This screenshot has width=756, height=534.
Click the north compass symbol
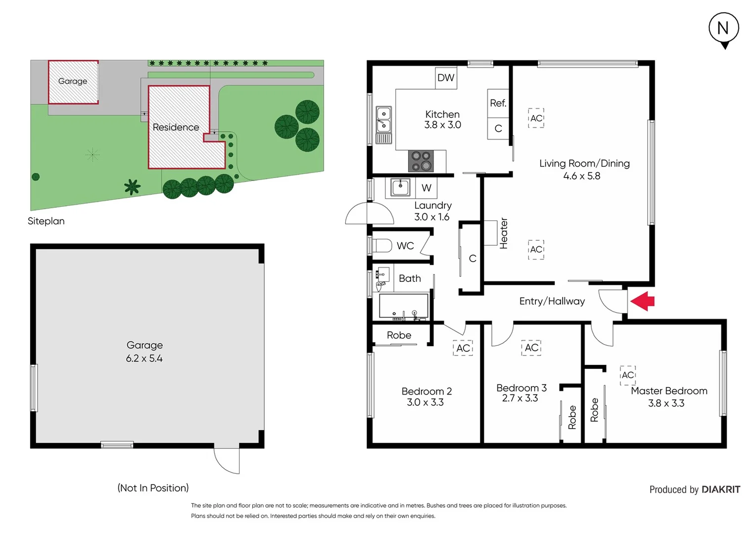tap(723, 29)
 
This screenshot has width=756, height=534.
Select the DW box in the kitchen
tap(445, 78)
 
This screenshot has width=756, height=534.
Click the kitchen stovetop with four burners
tap(421, 161)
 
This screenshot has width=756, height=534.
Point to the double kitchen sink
tap(383, 120)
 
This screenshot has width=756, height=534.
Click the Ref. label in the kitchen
tap(498, 103)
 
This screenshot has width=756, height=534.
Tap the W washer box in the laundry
tap(426, 188)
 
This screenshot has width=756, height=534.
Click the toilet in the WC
tap(381, 245)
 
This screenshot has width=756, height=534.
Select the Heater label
tap(504, 233)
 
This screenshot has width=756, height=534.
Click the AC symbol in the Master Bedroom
tap(627, 375)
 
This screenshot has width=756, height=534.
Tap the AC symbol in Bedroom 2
tap(463, 348)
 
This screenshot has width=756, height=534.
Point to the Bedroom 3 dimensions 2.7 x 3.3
tap(520, 399)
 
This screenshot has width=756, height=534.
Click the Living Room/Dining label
tap(584, 164)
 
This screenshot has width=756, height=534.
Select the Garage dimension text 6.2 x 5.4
tap(144, 358)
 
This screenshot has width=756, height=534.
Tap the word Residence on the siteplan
tap(176, 128)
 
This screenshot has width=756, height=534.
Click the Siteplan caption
tap(46, 221)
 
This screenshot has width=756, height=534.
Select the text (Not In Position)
tap(153, 488)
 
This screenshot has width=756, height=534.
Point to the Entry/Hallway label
tap(552, 301)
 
